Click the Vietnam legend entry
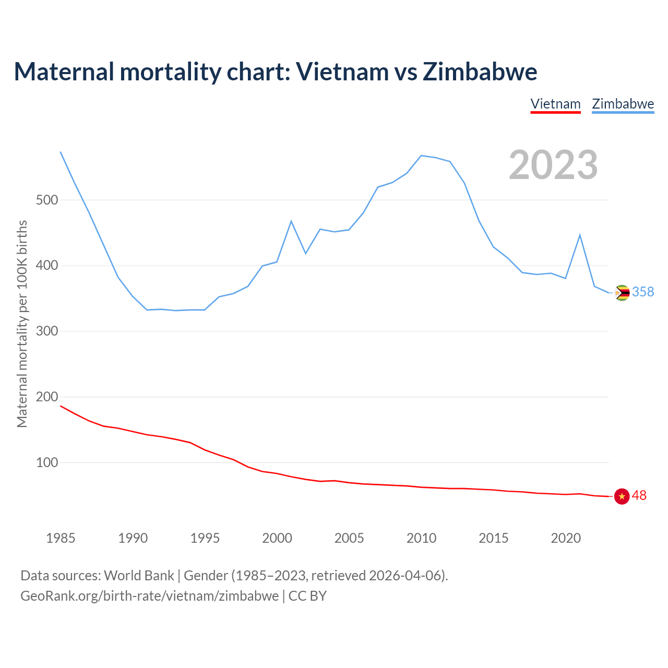[x=555, y=104]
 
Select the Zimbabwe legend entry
[x=623, y=104]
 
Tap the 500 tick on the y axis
[x=47, y=200]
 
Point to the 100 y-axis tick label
[x=47, y=463]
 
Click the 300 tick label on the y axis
[x=47, y=331]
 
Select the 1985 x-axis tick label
[x=61, y=538]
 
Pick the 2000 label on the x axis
[x=277, y=538]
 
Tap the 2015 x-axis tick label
[x=493, y=538]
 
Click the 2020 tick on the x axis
[x=566, y=538]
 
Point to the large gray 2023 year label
[x=553, y=165]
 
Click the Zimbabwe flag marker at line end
[x=622, y=293]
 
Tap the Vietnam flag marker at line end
[x=622, y=496]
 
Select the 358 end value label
[x=643, y=292]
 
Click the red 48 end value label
[x=639, y=496]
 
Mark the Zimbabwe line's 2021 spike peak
[x=580, y=235]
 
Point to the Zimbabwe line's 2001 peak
[x=291, y=221]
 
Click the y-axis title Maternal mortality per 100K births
[x=22, y=324]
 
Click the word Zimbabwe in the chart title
[x=480, y=71]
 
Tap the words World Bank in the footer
[x=139, y=576]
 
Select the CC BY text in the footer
[x=307, y=596]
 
